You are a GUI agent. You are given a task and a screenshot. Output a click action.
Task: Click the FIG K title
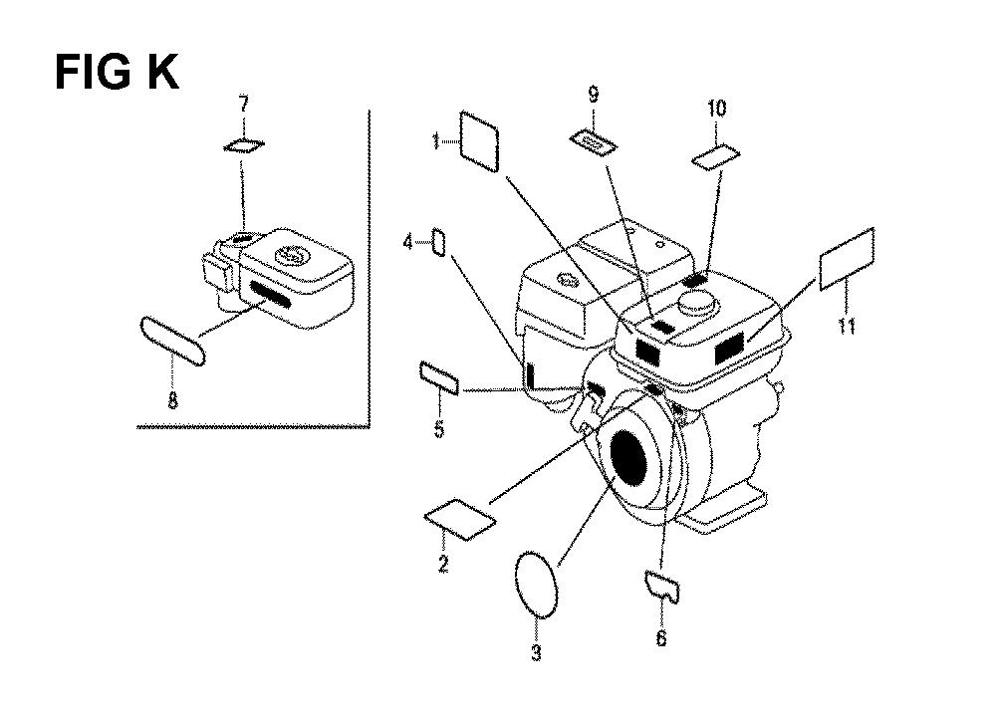(117, 72)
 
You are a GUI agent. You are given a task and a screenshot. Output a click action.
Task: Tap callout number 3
(535, 654)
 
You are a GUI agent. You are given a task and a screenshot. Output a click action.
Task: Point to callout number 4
(405, 241)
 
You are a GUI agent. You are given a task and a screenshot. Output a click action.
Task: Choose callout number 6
(662, 638)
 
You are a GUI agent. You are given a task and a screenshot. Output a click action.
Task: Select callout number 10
(717, 108)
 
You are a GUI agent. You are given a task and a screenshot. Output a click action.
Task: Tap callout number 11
(847, 325)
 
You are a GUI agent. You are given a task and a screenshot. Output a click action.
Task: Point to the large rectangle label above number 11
(846, 258)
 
